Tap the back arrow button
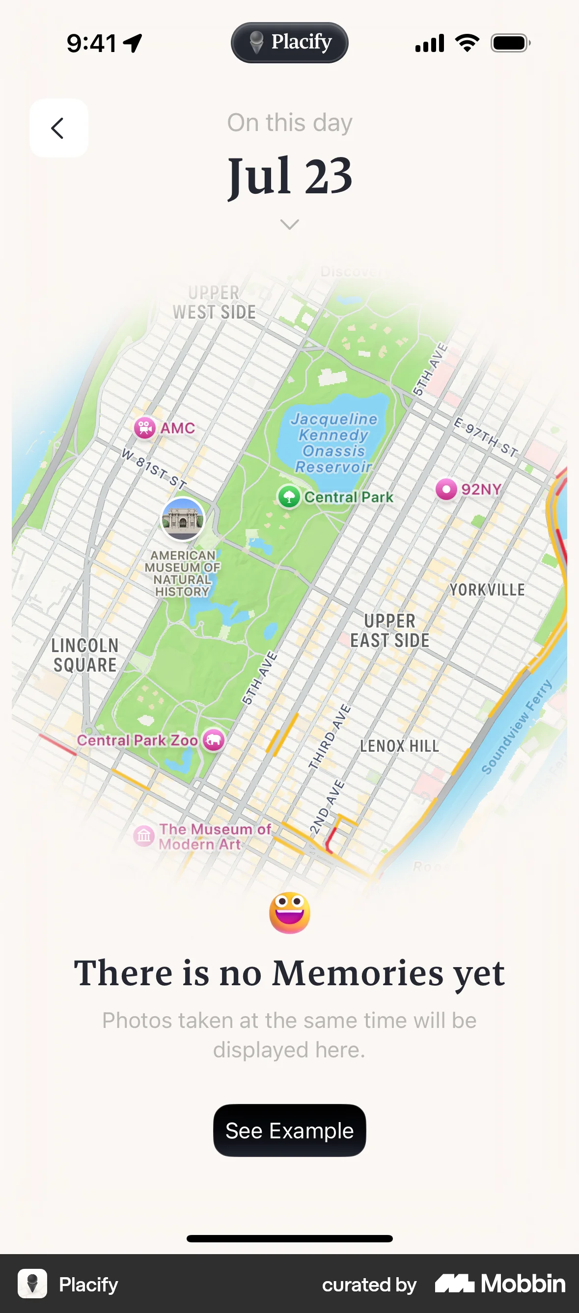coord(58,128)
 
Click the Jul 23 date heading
coord(290,176)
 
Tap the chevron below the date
coord(290,224)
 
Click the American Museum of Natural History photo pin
coord(183,519)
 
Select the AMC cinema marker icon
coord(145,428)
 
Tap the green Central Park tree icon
coord(289,497)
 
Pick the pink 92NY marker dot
coord(446,489)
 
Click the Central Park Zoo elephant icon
coord(214,739)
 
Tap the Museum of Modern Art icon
coord(144,836)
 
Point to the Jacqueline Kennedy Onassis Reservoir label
coord(334,443)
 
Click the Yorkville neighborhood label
coord(487,590)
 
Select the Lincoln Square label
coord(85,655)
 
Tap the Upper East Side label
coord(390,630)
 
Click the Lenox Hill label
coord(399,746)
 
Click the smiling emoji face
coord(290,912)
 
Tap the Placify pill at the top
coord(290,43)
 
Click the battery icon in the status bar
coord(510,43)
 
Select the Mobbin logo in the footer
coord(500,1284)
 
